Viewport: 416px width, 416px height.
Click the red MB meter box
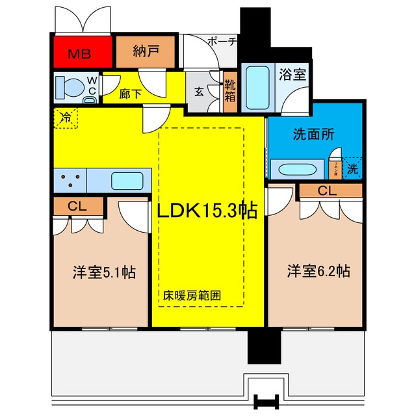82,53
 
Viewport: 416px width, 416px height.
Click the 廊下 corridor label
131,94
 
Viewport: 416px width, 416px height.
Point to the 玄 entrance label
199,92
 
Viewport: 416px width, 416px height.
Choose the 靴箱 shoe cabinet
229,92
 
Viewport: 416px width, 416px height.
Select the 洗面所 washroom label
313,135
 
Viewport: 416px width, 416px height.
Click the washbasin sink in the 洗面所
298,170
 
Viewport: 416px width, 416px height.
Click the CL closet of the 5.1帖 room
78,207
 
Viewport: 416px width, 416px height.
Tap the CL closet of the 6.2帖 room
327,190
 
